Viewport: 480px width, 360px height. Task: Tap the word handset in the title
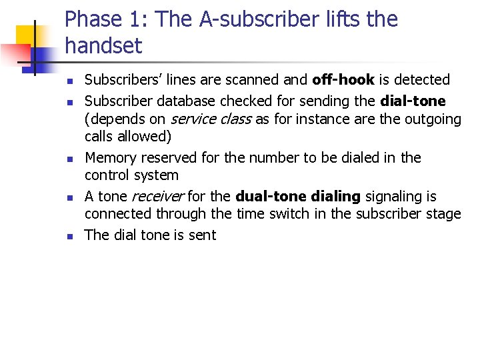[103, 46]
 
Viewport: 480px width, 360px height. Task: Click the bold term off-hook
[343, 80]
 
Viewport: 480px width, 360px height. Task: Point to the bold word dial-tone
[414, 101]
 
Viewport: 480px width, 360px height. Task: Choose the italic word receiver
[158, 197]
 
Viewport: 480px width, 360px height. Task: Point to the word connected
[118, 214]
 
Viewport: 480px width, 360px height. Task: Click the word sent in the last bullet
[202, 235]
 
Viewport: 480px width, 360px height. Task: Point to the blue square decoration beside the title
[41, 59]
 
